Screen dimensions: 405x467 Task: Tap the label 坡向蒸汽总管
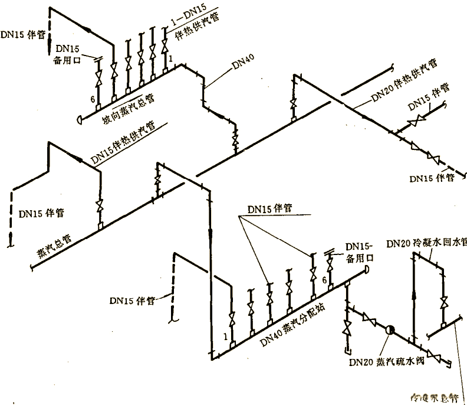[128, 109]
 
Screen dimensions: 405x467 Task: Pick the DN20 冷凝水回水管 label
[426, 243]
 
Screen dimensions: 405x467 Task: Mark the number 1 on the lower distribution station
[225, 336]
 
